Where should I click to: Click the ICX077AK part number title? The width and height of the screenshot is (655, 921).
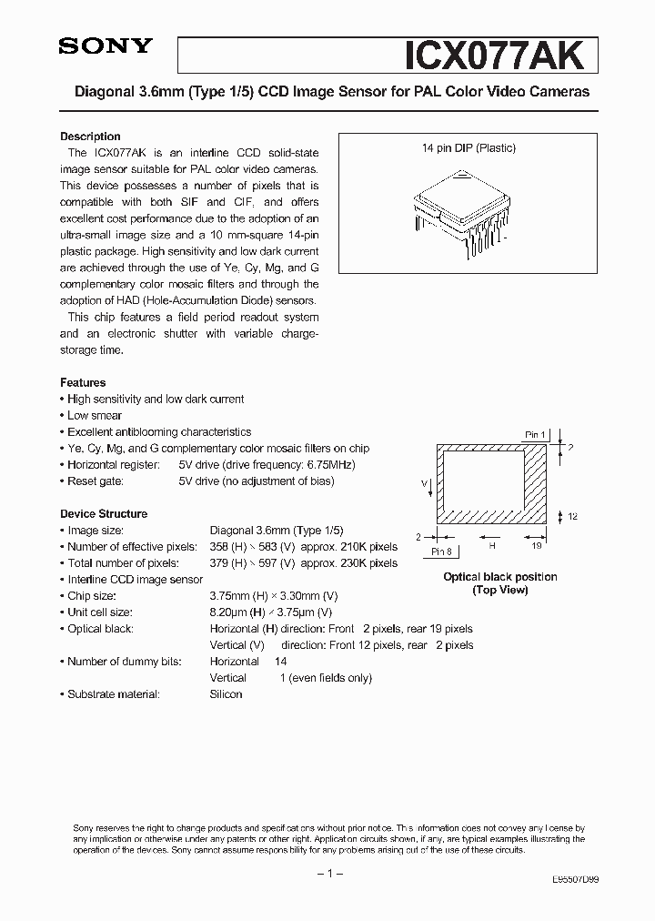pos(501,54)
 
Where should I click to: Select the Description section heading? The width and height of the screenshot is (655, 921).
pos(90,137)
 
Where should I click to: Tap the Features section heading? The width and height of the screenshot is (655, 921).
pos(83,382)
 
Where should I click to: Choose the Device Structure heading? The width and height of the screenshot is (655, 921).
pos(103,513)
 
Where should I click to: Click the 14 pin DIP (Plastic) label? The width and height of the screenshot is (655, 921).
pos(469,148)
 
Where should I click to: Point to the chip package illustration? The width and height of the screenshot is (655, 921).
pos(458,213)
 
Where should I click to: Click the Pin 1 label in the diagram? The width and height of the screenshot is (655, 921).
pos(536,434)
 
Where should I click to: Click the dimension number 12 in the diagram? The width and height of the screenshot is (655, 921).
pos(573,516)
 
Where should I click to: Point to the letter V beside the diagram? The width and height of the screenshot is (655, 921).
pos(423,483)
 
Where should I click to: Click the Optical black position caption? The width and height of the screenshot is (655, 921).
pos(499,577)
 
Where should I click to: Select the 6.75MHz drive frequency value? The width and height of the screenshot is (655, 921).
pos(328,464)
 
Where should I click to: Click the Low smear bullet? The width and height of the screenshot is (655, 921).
pos(95,415)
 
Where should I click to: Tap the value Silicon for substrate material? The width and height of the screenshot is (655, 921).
pos(226,694)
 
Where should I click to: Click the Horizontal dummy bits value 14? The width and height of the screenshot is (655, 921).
pos(280,662)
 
